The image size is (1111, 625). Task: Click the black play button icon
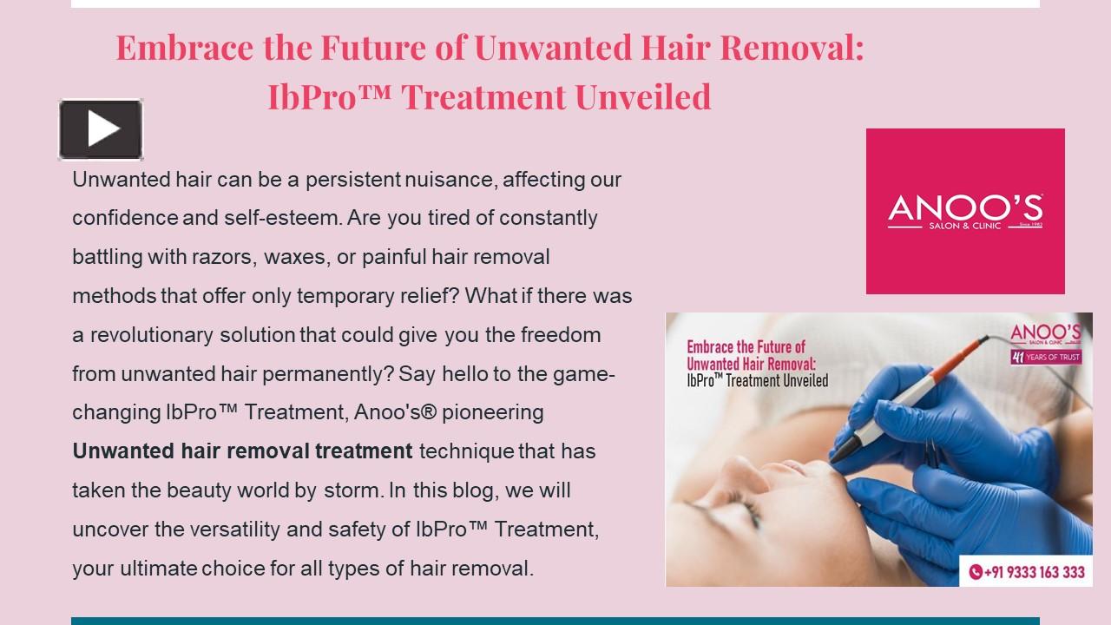point(101,129)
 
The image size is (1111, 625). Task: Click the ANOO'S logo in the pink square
point(965,211)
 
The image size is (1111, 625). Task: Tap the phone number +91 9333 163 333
point(1027,572)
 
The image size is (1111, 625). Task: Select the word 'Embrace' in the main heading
point(186,48)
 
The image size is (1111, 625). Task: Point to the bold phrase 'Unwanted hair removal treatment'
point(242,451)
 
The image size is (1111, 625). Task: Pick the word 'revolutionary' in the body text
point(152,334)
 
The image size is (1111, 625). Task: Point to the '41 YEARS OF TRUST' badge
point(1045,356)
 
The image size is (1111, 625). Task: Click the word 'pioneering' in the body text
point(492,412)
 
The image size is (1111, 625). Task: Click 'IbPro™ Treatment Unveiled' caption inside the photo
point(757,380)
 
